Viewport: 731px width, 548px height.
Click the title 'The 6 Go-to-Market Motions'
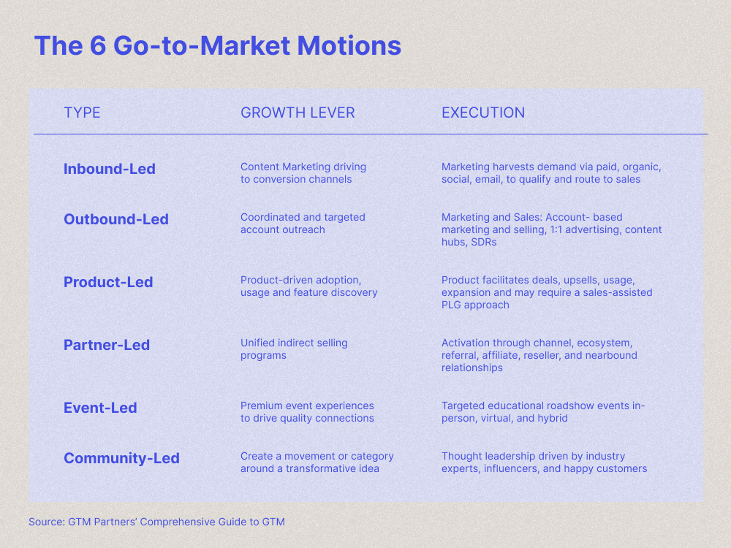217,45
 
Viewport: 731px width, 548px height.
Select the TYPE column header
82,113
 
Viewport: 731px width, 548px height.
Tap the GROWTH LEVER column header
298,113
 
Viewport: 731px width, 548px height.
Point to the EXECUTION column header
483,113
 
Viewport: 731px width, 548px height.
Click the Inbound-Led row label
110,169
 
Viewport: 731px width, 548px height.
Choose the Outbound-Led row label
116,219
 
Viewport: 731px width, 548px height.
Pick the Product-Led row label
108,282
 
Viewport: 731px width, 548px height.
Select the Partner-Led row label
107,345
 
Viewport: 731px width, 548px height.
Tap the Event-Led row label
100,408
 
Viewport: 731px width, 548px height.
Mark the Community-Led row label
121,458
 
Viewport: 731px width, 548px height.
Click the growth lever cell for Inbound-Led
303,173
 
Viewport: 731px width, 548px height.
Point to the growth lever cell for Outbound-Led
303,223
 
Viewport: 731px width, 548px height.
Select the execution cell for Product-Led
547,292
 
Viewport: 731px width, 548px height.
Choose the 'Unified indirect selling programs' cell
294,349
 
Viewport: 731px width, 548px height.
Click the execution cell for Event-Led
543,412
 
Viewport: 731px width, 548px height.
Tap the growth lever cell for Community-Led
317,462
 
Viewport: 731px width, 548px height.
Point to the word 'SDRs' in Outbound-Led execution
482,242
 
